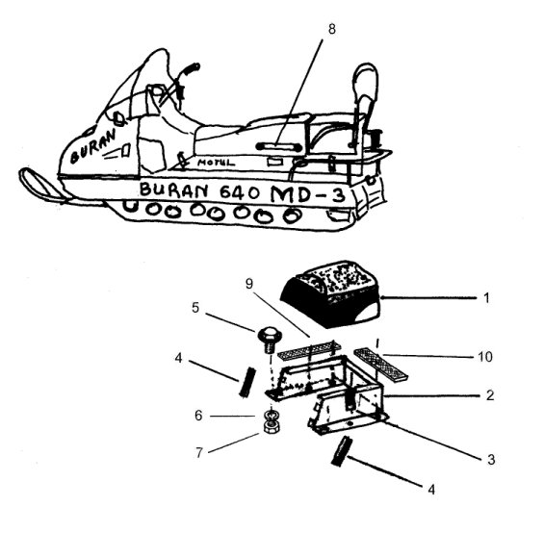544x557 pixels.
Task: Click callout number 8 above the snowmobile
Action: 331,29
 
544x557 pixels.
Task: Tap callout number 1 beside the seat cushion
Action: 487,297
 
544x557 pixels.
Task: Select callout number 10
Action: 485,356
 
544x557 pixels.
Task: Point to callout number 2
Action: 490,395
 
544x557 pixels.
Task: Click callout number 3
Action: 491,459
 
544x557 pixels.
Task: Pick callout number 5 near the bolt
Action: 195,308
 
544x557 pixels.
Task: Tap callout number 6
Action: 198,416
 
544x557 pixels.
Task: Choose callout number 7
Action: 199,452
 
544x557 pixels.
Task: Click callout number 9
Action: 248,284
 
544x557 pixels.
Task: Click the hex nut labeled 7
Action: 272,426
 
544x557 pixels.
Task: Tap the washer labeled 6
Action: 272,416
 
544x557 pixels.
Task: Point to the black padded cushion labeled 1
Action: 330,293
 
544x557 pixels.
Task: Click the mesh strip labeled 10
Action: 380,363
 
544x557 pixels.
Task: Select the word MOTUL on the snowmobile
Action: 217,163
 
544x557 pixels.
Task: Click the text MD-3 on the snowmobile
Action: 308,194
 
